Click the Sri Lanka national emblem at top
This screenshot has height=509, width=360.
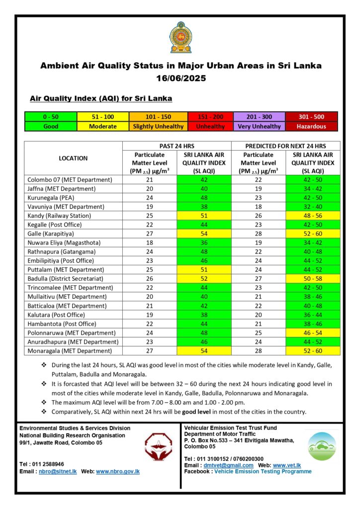[x=180, y=38]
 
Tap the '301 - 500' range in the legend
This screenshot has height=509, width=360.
[x=311, y=117]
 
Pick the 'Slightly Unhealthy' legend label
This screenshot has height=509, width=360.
[x=158, y=126]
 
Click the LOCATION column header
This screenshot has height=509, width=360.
[x=73, y=158]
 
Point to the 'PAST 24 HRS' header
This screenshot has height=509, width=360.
[x=177, y=146]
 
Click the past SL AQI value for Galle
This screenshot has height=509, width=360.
[x=204, y=234]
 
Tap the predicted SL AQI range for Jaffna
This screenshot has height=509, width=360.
[x=313, y=189]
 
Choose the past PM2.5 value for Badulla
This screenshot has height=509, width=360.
[x=150, y=278]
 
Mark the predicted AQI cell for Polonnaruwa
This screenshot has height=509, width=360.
[x=313, y=333]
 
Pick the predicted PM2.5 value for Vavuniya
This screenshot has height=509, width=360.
[x=259, y=207]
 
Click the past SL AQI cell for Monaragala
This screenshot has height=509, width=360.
[x=204, y=351]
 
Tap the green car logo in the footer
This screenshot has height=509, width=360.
[x=321, y=446]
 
